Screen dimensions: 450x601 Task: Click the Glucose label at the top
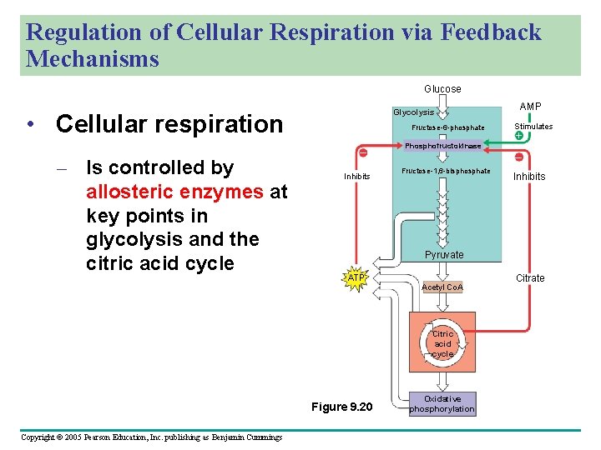(442, 88)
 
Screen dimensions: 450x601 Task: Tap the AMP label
(530, 106)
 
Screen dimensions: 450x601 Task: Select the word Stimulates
(533, 127)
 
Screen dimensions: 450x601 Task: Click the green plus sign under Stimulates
(519, 136)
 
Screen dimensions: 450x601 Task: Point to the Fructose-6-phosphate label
(448, 127)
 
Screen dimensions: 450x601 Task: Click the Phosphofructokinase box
(443, 146)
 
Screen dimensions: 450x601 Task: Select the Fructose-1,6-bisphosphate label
(446, 171)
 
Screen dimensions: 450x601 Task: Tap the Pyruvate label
(444, 254)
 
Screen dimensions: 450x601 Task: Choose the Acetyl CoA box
(442, 287)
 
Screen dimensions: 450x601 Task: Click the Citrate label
(530, 277)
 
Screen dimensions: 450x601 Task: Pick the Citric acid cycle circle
(442, 343)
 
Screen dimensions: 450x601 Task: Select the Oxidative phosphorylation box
(442, 403)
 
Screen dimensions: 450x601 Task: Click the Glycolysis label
(414, 112)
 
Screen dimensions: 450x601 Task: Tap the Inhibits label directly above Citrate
(529, 176)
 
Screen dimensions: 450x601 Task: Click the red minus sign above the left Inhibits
(363, 152)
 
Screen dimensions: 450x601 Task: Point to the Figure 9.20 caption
(341, 407)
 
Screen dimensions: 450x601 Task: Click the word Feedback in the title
(490, 32)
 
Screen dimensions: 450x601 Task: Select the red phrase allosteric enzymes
(175, 192)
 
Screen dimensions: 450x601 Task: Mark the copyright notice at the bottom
(151, 437)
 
